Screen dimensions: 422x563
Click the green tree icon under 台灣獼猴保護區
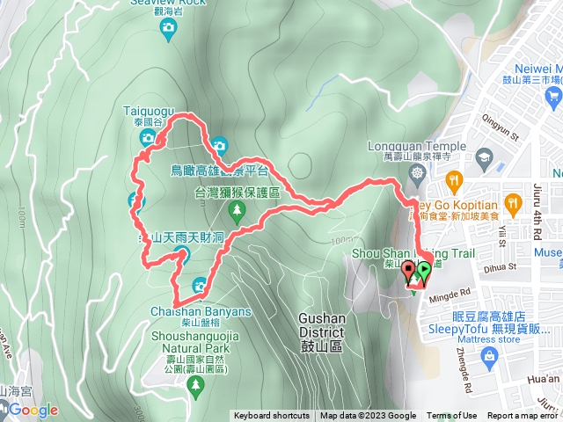tap(236, 210)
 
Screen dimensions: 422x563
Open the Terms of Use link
tap(452, 416)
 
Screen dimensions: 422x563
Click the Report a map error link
tap(523, 416)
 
